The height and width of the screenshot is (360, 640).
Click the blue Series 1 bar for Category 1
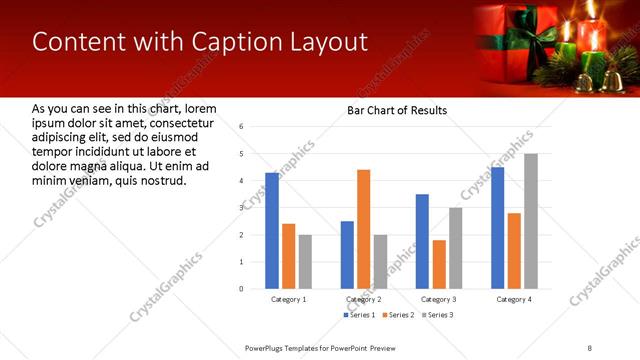272,230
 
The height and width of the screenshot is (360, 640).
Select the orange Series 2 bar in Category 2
363,229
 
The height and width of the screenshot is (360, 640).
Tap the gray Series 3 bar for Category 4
530,221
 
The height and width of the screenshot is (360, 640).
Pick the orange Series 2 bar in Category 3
439,264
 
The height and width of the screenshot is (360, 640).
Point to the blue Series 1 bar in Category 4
498,228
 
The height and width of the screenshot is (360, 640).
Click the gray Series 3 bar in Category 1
305,261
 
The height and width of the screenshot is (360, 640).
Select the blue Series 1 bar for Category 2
347,254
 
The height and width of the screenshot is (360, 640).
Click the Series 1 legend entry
360,315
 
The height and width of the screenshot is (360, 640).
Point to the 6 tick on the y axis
241,127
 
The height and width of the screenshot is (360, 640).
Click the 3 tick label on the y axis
241,208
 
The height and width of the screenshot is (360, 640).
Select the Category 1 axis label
289,299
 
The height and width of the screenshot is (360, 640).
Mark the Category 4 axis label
514,299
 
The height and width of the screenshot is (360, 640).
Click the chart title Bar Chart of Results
397,110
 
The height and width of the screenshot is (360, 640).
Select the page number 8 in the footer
590,347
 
